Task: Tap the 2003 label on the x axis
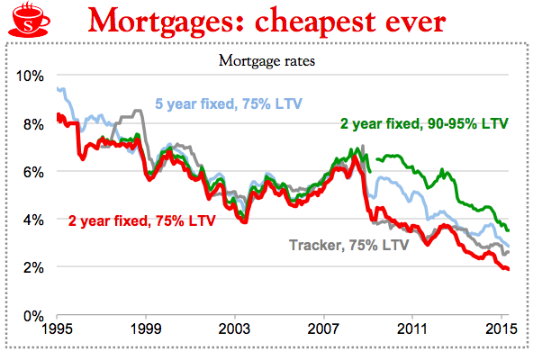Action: [x=234, y=329]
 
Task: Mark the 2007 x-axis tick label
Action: [x=323, y=329]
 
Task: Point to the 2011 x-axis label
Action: [x=411, y=329]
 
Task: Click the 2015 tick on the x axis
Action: [x=501, y=329]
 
